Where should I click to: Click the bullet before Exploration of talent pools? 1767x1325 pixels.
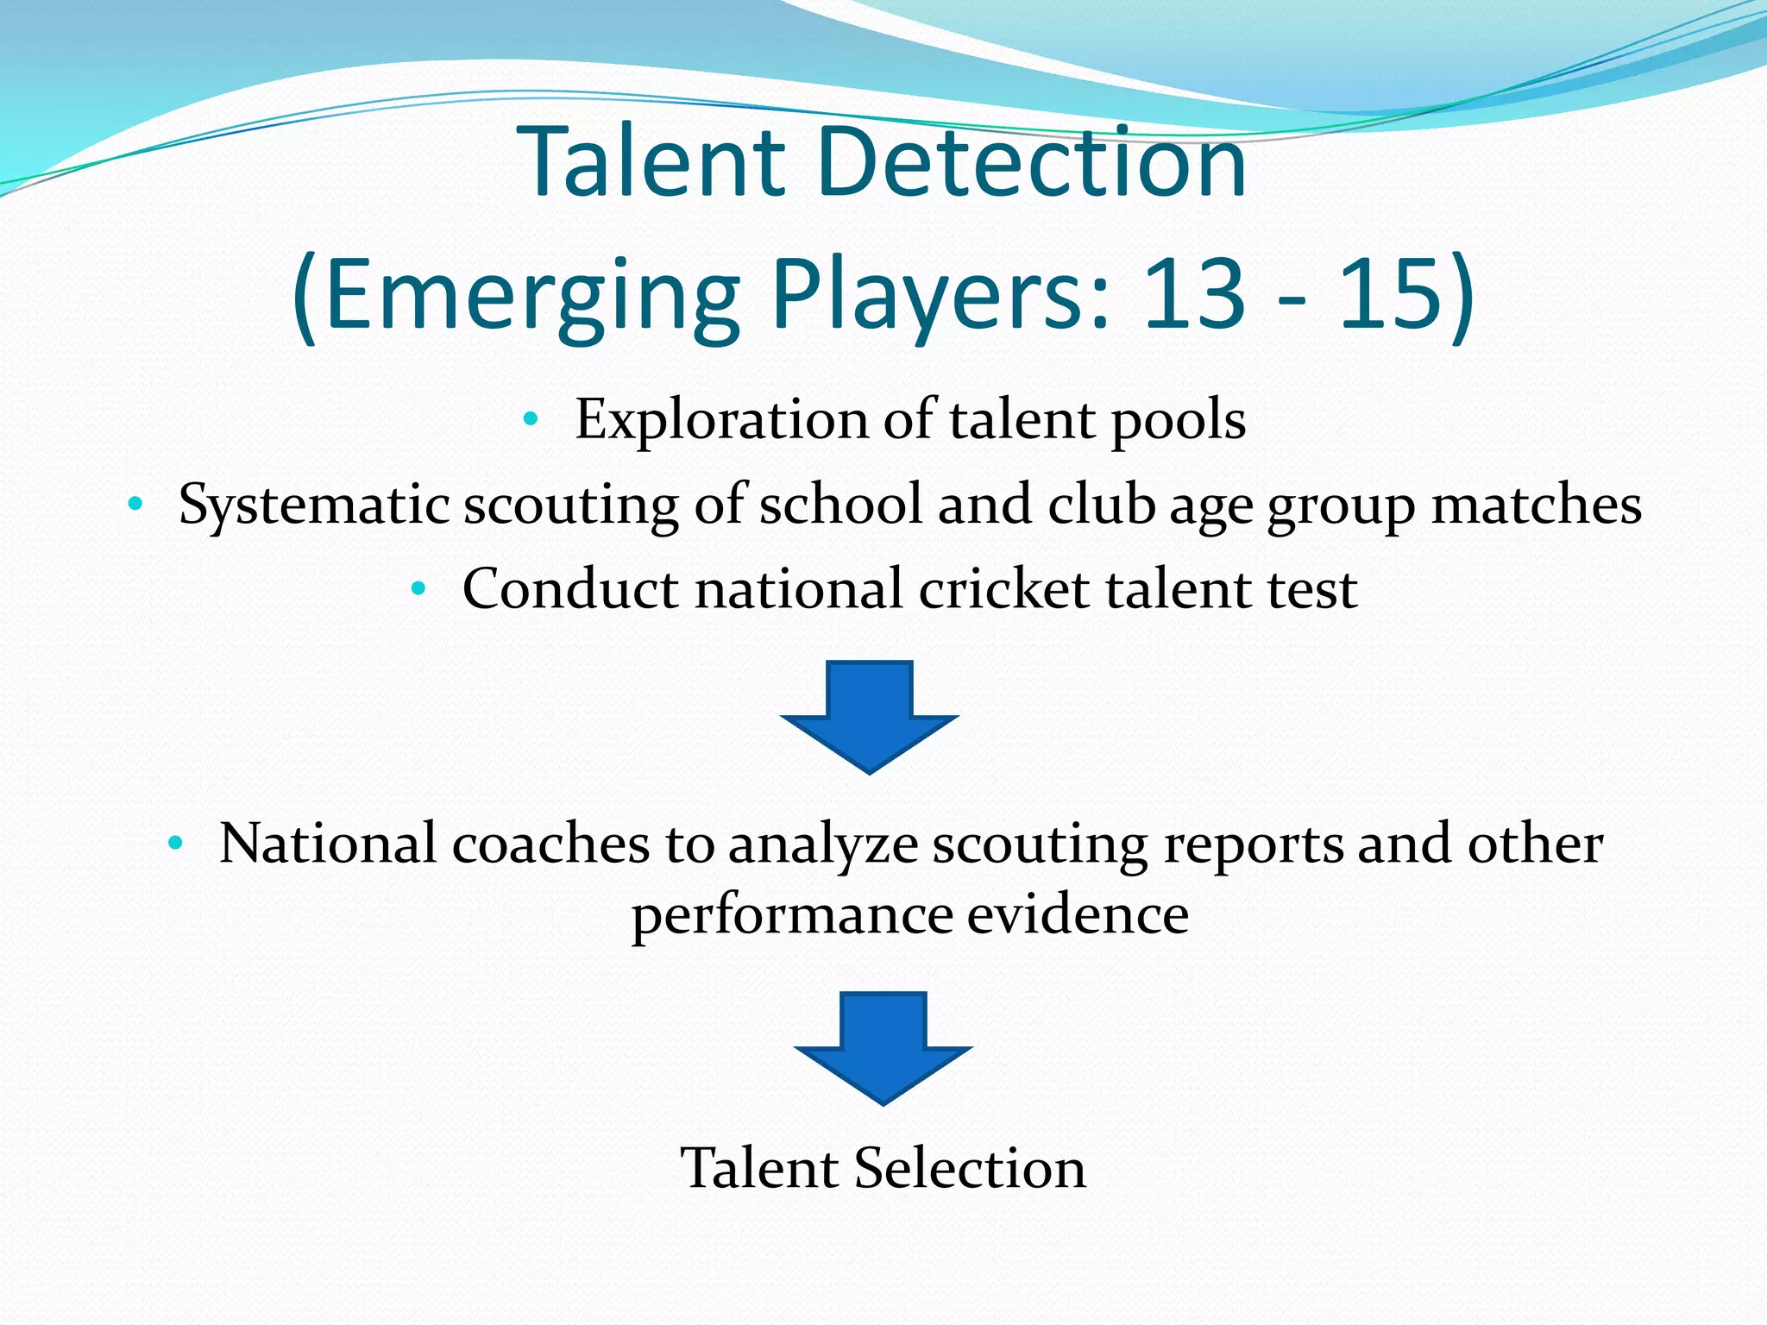click(531, 421)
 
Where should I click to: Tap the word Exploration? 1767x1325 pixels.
click(720, 420)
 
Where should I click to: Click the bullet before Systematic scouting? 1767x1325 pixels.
click(134, 505)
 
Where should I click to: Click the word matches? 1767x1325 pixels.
click(1536, 505)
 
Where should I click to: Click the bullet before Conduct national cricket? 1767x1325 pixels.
click(418, 590)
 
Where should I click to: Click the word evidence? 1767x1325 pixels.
click(1078, 914)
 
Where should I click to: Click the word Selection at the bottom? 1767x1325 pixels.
click(970, 1168)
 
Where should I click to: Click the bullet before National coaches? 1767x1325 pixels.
click(175, 844)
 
